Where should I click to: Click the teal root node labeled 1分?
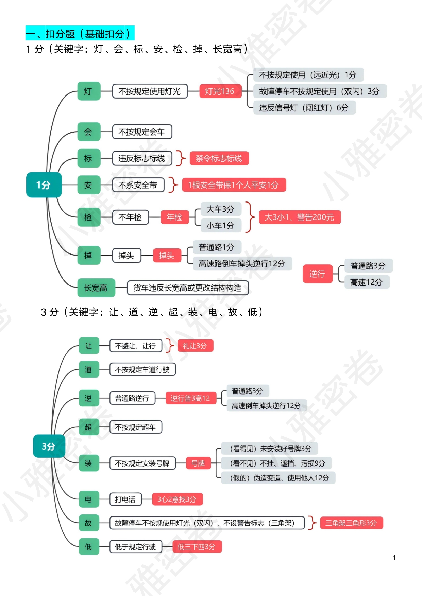(x=44, y=185)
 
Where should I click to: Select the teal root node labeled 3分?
(x=49, y=446)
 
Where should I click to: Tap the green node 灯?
(x=89, y=91)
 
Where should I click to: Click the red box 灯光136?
(x=220, y=91)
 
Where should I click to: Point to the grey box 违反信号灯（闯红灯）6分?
(x=304, y=108)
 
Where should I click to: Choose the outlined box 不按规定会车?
(x=142, y=132)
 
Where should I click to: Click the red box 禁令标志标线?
(x=219, y=158)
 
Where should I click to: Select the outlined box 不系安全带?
(x=138, y=185)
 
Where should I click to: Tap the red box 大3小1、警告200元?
(x=300, y=217)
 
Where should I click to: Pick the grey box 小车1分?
(x=220, y=225)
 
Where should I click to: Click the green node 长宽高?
(x=96, y=288)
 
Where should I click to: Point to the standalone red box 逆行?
(x=317, y=274)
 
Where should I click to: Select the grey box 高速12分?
(x=367, y=282)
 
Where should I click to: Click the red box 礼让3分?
(x=195, y=346)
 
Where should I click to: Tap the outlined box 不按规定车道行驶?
(x=142, y=369)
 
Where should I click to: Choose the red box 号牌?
(x=198, y=463)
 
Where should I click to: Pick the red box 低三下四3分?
(x=197, y=547)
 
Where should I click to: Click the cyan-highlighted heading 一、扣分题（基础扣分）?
(x=80, y=33)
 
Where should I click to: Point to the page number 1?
(x=394, y=558)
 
